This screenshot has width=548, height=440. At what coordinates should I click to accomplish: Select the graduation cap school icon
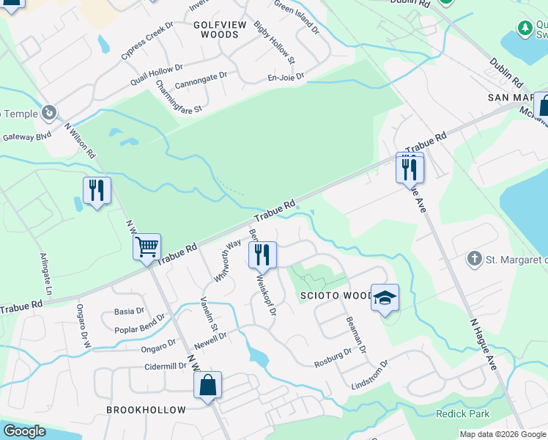click(385, 297)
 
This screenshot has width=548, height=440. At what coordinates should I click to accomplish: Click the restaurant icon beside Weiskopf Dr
click(262, 254)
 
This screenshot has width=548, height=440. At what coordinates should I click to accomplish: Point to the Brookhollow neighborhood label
click(147, 410)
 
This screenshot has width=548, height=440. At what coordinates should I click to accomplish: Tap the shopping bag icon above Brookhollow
click(207, 384)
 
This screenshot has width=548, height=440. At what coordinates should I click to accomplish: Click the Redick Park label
click(462, 414)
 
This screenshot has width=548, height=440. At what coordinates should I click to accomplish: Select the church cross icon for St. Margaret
click(474, 259)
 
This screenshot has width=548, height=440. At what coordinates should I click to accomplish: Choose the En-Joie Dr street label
click(286, 76)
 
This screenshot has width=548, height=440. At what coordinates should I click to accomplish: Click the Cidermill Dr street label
click(166, 366)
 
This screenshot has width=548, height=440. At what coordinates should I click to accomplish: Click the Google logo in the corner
click(25, 431)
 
